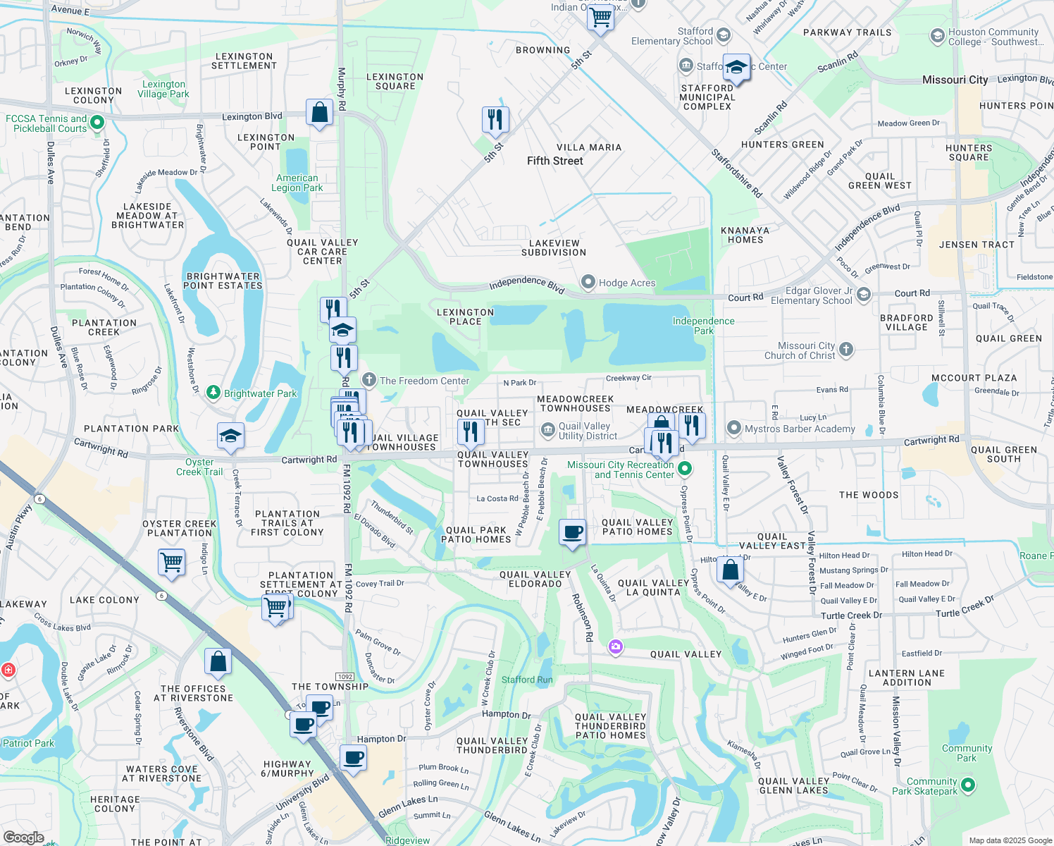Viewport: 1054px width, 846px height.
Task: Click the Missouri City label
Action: pos(955,80)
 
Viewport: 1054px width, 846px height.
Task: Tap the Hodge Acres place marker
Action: pos(588,283)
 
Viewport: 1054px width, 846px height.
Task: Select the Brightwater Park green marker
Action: pos(213,393)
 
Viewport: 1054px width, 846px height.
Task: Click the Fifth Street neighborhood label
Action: pos(554,161)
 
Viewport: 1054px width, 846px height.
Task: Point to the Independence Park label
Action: pos(703,326)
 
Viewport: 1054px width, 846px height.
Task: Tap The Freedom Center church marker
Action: pos(369,381)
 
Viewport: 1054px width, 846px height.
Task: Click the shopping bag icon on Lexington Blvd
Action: pos(319,113)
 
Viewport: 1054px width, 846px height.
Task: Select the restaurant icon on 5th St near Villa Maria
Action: pos(495,120)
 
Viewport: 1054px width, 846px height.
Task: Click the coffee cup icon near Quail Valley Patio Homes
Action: pos(573,532)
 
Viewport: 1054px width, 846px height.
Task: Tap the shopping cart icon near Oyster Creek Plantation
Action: pos(172,563)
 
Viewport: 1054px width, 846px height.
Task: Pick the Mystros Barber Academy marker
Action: pos(734,428)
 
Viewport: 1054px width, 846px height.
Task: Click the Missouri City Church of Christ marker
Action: pos(846,350)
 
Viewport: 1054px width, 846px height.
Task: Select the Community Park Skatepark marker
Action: pos(968,785)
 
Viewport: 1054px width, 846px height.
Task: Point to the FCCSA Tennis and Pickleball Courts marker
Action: pos(97,123)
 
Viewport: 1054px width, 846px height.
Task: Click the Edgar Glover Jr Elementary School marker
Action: pos(864,294)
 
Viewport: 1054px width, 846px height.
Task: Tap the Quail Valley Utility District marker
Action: pos(547,430)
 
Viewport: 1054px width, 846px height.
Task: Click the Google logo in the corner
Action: pos(23,837)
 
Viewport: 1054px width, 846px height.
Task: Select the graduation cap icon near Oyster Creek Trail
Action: pos(230,436)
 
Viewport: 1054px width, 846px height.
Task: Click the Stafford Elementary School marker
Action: pos(723,36)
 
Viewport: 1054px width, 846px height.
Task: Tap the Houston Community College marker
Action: pos(937,36)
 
